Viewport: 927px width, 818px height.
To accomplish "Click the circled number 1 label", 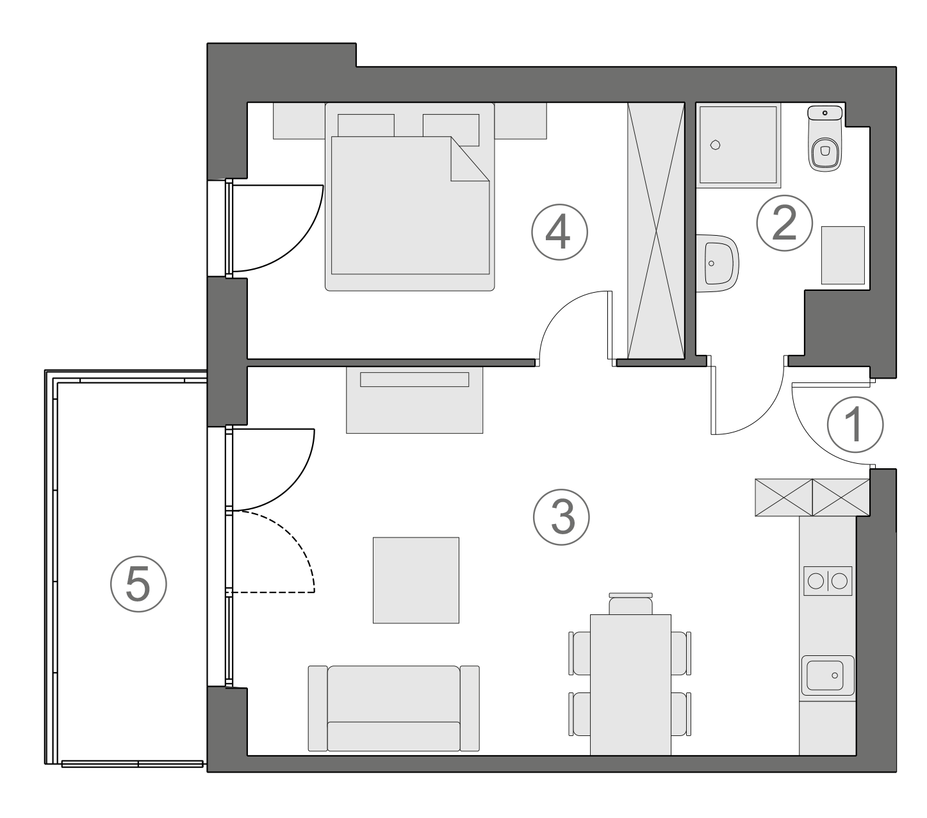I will pos(855,425).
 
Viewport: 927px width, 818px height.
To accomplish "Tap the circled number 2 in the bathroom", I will pos(784,223).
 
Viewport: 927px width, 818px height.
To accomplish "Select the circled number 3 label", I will pos(562,518).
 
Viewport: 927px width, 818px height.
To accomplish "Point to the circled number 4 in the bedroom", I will pos(559,232).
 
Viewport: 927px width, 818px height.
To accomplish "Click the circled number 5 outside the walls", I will pos(138,584).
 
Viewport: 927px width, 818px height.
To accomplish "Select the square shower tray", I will pos(738,145).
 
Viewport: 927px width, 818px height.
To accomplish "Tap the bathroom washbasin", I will pos(718,263).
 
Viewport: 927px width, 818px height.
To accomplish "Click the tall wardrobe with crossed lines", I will pos(656,231).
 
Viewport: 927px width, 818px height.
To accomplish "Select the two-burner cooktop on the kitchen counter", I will pos(828,582).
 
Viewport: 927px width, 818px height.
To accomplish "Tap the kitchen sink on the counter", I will pos(827,675).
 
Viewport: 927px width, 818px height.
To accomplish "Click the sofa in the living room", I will pos(394,708).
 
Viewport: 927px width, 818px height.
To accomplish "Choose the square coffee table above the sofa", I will pos(416,580).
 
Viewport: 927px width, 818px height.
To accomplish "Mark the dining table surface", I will pos(630,684).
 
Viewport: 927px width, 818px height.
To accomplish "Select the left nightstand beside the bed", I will pos(299,121).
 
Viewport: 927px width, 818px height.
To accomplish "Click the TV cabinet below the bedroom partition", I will pos(414,400).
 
